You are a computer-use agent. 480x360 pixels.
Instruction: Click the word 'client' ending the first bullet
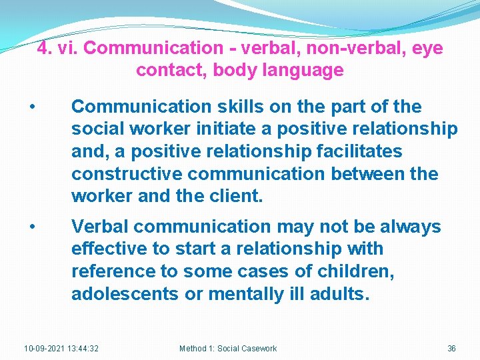click(x=236, y=197)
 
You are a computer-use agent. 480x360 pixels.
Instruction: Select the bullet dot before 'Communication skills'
click(x=31, y=107)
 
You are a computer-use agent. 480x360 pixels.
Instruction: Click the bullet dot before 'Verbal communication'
click(x=31, y=227)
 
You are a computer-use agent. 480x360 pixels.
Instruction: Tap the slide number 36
click(x=451, y=349)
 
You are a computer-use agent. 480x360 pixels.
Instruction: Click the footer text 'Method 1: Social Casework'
click(x=228, y=349)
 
